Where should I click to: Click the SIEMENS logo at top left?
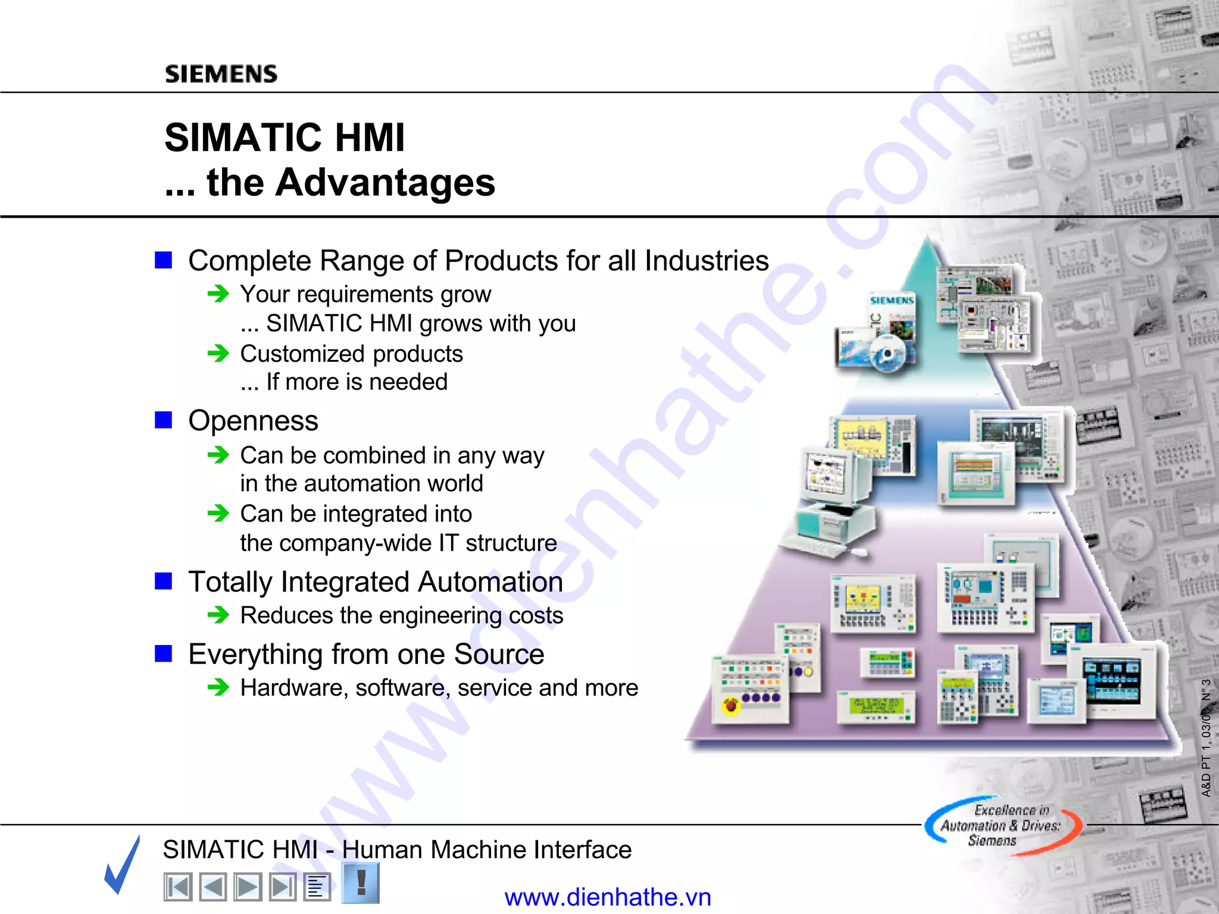click(221, 74)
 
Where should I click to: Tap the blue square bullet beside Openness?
click(163, 420)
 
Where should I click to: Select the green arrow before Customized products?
click(218, 353)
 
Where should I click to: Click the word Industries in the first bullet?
click(707, 261)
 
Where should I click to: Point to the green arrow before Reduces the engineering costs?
click(218, 615)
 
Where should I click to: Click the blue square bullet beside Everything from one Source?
click(163, 653)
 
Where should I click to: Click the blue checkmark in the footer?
click(123, 865)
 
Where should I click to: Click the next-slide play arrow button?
click(248, 887)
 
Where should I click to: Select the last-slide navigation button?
click(282, 887)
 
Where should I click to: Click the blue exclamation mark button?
click(361, 883)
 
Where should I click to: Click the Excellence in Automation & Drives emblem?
click(1002, 826)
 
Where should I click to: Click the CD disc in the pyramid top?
click(887, 355)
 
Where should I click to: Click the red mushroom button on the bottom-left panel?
click(731, 706)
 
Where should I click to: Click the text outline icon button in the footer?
click(317, 887)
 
